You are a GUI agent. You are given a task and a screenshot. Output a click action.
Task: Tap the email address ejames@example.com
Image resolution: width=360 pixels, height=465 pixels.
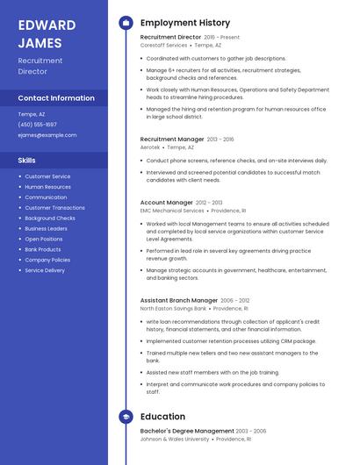(47, 135)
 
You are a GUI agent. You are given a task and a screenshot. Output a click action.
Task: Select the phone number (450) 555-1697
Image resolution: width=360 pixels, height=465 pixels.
(38, 125)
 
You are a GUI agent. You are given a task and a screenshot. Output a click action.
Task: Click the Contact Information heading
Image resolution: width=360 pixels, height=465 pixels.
(56, 98)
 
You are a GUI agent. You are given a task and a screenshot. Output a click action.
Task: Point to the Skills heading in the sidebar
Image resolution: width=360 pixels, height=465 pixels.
(27, 161)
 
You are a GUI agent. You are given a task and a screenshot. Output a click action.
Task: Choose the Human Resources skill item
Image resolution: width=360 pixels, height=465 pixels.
(48, 187)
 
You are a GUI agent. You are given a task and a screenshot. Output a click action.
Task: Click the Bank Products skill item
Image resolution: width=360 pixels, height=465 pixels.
(43, 249)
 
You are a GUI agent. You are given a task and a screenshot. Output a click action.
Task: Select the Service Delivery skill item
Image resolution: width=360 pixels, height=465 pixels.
(45, 270)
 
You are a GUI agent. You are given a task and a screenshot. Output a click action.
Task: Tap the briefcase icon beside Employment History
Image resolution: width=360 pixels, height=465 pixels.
(126, 23)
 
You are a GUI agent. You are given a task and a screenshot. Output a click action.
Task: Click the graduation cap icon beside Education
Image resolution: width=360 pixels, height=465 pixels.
(126, 417)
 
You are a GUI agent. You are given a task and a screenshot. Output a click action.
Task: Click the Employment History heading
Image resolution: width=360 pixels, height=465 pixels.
(185, 23)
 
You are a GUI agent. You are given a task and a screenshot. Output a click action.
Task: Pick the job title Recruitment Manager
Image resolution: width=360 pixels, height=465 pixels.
(172, 139)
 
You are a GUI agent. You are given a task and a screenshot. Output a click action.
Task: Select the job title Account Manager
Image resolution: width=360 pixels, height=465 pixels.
(167, 203)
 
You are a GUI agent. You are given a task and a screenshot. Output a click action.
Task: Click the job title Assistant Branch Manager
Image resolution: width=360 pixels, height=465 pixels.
(179, 300)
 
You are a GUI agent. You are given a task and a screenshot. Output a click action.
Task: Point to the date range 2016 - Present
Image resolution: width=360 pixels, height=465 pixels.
(221, 38)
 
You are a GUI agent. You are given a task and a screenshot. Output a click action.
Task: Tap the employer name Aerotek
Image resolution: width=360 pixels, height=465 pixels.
(150, 147)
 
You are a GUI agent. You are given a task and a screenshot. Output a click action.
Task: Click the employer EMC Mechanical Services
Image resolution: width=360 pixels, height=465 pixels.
(172, 211)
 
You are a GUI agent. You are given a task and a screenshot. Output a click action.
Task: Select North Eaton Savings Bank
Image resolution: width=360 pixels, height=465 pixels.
(173, 309)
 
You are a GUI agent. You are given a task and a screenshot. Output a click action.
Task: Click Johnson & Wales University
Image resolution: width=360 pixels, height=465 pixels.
(175, 440)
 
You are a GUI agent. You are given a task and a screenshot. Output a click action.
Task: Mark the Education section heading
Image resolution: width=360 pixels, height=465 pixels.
(162, 417)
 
